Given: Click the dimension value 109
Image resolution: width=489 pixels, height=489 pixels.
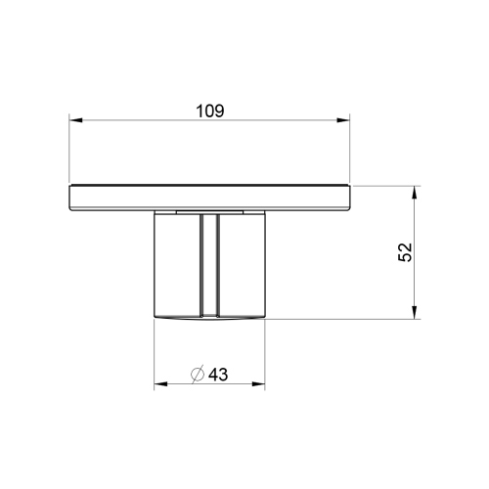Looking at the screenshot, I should pos(209,111).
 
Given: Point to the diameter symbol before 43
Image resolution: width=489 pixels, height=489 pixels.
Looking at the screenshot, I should pos(196,375).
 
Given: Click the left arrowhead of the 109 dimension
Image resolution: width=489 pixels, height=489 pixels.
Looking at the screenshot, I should pos(74,121).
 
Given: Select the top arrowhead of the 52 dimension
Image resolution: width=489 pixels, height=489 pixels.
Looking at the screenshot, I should pos(417,190).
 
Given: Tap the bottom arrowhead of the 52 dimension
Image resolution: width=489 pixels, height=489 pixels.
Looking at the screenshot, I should pos(417,313).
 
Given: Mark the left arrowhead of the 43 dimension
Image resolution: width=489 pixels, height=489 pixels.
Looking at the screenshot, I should pos(159,384).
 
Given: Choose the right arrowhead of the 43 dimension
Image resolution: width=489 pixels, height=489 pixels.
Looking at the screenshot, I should pos(259,384).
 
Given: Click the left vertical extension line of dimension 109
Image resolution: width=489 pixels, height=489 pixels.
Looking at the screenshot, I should pos(68,152).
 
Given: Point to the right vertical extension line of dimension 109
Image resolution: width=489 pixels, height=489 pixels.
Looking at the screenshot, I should pos(350,152).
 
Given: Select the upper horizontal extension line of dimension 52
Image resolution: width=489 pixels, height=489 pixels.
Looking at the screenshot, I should pos(386,184).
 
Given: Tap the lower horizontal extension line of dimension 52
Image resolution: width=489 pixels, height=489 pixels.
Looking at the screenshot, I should pos(342,319).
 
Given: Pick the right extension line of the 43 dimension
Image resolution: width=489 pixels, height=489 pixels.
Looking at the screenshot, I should pos(265,352).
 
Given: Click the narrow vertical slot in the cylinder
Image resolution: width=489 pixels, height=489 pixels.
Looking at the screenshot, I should pos(209,264).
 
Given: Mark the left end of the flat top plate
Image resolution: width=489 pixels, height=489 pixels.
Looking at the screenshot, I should pos(70,198).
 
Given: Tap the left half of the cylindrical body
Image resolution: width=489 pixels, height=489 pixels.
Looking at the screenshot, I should pos(178,264).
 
